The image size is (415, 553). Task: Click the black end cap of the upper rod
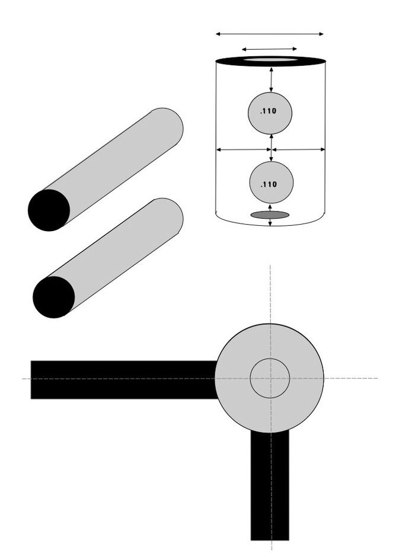[x=49, y=210]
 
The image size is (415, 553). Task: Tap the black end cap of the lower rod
[x=53, y=297]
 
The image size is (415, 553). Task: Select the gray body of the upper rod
[x=119, y=160]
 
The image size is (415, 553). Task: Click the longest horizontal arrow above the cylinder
[x=270, y=34]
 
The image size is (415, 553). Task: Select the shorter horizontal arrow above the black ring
[x=269, y=49]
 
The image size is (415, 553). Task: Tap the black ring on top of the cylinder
[x=228, y=60]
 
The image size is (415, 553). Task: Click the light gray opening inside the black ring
[x=270, y=60]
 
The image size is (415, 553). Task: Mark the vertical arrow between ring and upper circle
[x=271, y=79]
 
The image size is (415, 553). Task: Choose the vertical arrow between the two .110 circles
[x=272, y=148]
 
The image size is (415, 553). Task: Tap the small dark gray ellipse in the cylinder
[x=270, y=215]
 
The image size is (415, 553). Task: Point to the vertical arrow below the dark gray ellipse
[x=270, y=222]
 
